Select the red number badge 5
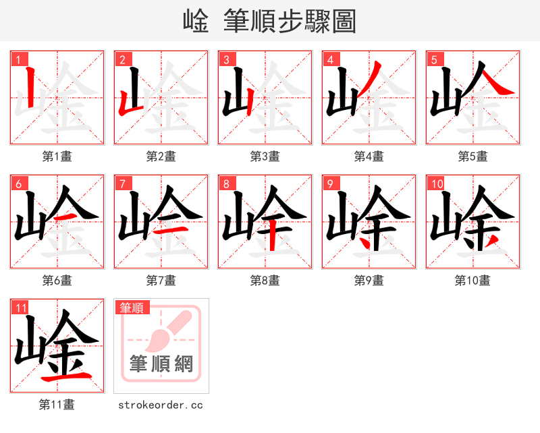pyautogui.click(x=434, y=59)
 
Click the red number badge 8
pyautogui.click(x=226, y=183)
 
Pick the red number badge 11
pyautogui.click(x=21, y=308)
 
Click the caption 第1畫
pyautogui.click(x=57, y=156)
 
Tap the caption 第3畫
pyautogui.click(x=265, y=156)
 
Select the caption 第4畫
pyautogui.click(x=369, y=156)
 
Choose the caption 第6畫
pyautogui.click(x=57, y=281)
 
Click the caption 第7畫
pyautogui.click(x=161, y=281)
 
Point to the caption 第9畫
pyautogui.click(x=369, y=281)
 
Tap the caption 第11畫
pyautogui.click(x=57, y=405)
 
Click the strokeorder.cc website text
pyautogui.click(x=161, y=405)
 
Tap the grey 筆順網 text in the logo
pyautogui.click(x=161, y=364)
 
